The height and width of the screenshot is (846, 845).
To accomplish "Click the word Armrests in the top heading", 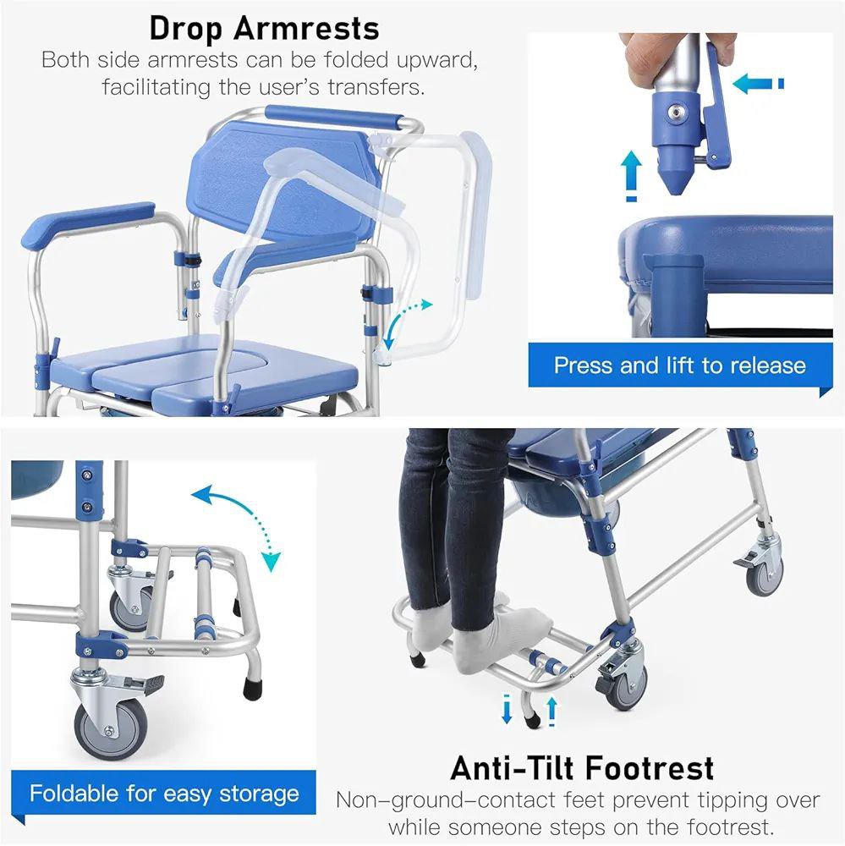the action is click(x=306, y=29).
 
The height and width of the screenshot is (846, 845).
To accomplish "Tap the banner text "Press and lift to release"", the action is click(x=680, y=365).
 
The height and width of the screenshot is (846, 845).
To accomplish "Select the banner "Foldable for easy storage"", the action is click(x=163, y=794).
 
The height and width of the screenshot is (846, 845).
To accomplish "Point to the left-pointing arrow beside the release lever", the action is click(x=758, y=84).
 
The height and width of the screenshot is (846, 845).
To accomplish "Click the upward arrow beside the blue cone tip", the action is click(x=631, y=176).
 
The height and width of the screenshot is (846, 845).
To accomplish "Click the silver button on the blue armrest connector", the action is click(x=674, y=113).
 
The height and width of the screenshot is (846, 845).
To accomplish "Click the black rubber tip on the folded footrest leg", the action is click(x=253, y=689).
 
